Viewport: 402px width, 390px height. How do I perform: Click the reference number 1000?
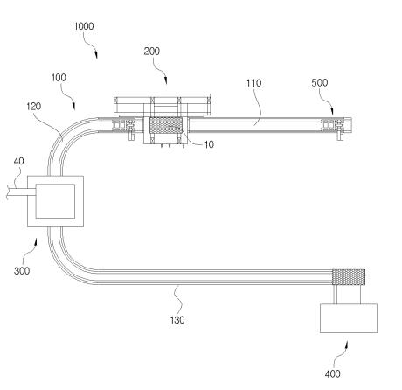[84, 26]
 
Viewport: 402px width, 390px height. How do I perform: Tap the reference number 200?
[152, 52]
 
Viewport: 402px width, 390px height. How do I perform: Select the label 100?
[59, 78]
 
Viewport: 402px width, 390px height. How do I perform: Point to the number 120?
[34, 107]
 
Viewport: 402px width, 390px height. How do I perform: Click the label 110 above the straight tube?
[253, 83]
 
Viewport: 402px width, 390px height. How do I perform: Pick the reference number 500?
[320, 83]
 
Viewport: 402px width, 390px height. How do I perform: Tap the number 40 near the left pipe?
[18, 161]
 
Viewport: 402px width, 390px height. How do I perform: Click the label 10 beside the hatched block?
[209, 144]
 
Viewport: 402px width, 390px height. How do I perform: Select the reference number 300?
[22, 271]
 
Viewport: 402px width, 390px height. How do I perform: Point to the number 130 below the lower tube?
[177, 320]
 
